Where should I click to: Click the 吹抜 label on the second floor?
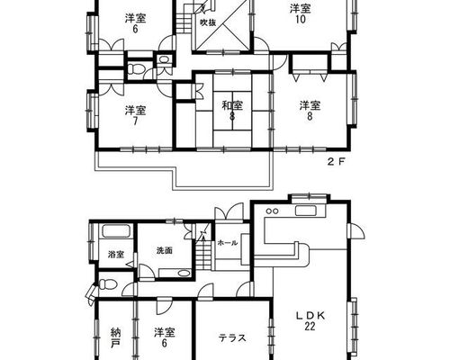tap(208, 22)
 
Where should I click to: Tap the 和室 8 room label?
tap(232, 111)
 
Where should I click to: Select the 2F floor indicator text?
tap(336, 162)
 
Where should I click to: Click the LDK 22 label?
tap(310, 320)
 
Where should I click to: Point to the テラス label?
tap(232, 338)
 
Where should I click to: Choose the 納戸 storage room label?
tap(115, 338)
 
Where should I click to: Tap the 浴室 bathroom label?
tap(116, 255)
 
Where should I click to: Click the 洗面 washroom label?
tap(165, 250)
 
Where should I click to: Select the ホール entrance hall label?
tap(228, 243)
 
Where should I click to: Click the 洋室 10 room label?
tap(301, 13)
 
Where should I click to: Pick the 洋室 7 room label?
tap(136, 115)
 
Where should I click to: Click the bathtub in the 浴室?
tap(116, 232)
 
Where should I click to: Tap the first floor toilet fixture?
tap(105, 283)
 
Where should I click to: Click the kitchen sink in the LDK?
tap(305, 211)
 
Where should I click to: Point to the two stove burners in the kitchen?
tap(272, 211)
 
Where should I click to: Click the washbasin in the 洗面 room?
tap(183, 273)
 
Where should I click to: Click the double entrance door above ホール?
tap(229, 212)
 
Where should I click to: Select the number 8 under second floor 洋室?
tap(310, 116)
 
